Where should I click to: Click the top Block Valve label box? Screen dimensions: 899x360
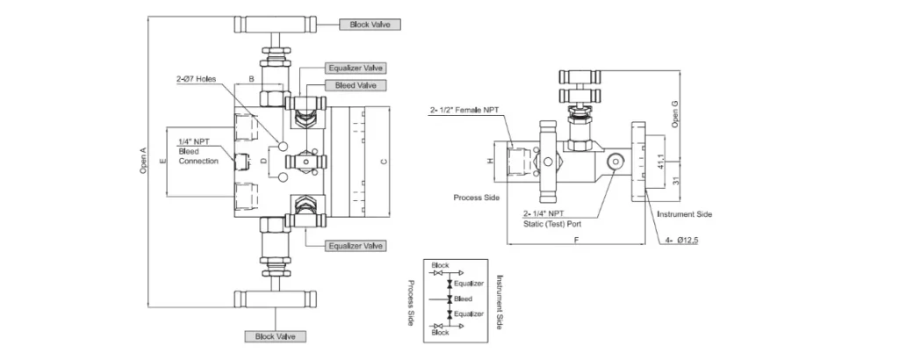370,25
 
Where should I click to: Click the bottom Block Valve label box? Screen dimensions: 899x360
275,336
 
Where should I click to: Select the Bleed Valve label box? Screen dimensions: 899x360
356,85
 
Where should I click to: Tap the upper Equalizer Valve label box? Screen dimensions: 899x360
355,68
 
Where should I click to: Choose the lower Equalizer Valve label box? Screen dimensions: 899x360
355,246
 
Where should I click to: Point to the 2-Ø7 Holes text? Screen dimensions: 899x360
196,79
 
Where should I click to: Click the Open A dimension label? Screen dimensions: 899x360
143,161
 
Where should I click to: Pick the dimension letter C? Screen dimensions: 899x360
384,161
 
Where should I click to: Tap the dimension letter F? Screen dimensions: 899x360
576,241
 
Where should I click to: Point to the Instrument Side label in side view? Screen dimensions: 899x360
685,214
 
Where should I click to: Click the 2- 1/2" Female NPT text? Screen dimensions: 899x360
465,110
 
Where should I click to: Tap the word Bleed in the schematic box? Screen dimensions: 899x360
463,299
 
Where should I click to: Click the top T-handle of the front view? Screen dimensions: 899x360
275,25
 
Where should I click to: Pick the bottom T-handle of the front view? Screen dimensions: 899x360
275,298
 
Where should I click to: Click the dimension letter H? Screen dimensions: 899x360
490,162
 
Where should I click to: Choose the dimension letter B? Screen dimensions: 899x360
251,77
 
